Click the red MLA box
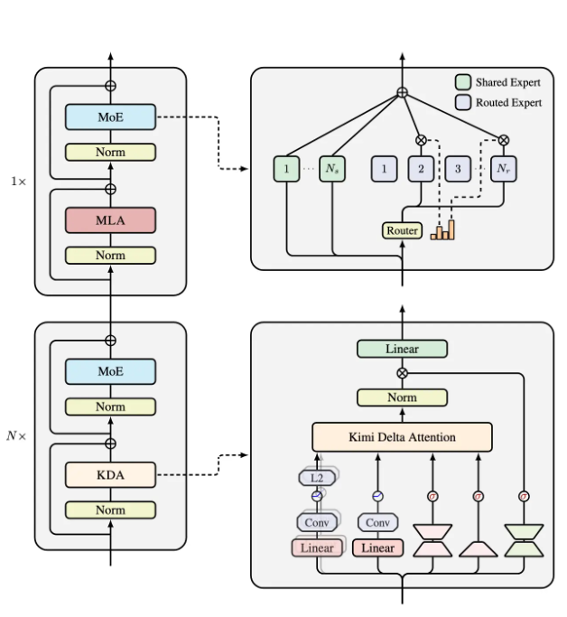pos(110,220)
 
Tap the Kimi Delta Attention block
pos(402,437)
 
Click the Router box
pos(402,230)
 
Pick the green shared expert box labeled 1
pos(286,169)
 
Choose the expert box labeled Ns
pos(333,169)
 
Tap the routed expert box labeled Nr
pos(502,169)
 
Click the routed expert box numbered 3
pos(459,169)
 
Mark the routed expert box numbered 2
pos(421,169)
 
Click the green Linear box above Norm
pos(402,349)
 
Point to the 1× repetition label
pos(18,182)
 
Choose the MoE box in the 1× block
pos(110,117)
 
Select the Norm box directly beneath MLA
pos(110,256)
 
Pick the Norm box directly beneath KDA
pos(110,509)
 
